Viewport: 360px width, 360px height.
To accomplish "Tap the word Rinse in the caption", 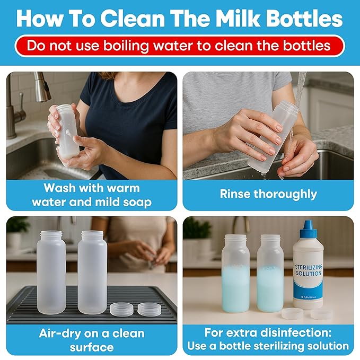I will [x=236, y=194].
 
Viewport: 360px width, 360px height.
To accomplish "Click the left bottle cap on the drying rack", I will [x=121, y=309].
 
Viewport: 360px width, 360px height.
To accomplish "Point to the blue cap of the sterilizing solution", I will [x=309, y=231].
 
